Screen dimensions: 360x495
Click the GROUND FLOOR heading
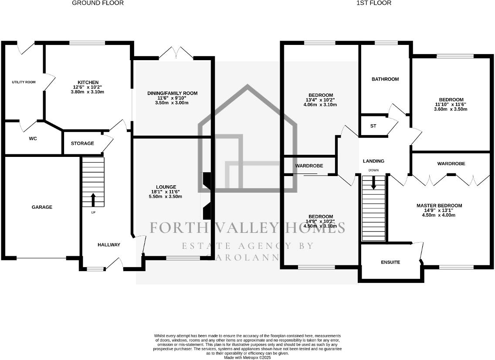(98, 3)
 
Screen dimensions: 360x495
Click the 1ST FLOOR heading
(374, 3)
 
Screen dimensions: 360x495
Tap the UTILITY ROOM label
(24, 82)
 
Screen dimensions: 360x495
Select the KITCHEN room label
(88, 82)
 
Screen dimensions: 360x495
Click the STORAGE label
(82, 143)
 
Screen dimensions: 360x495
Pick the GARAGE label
(42, 207)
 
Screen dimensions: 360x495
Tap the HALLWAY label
(108, 245)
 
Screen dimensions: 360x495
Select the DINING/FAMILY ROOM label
(172, 93)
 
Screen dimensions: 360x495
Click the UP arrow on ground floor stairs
(93, 200)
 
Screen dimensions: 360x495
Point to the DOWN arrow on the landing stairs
(373, 183)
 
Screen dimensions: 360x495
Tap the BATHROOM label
(385, 79)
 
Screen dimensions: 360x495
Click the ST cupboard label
(373, 126)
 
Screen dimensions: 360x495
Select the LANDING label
(373, 161)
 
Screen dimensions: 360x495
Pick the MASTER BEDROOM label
(439, 206)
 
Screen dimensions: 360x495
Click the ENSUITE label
(390, 262)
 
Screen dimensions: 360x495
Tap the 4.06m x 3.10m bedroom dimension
(321, 105)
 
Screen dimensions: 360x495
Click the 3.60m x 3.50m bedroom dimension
(451, 109)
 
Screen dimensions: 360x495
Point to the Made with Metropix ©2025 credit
(247, 357)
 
